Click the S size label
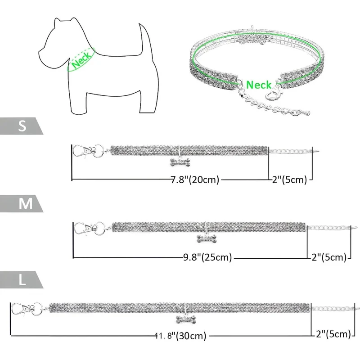(x=22, y=126)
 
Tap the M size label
(x=26, y=203)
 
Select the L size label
(x=22, y=280)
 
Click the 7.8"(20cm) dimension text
(x=195, y=180)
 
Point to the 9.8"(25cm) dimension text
(x=207, y=257)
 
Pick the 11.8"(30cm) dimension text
(x=181, y=336)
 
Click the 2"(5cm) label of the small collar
(x=289, y=180)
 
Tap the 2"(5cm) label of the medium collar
(x=329, y=257)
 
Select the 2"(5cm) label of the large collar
(x=333, y=334)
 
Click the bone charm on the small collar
(x=180, y=162)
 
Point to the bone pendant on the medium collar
(x=207, y=238)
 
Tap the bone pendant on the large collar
(x=186, y=319)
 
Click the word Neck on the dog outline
(x=81, y=60)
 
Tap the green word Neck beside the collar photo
(x=258, y=85)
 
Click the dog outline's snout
(x=44, y=53)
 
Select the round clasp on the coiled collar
(x=274, y=94)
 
